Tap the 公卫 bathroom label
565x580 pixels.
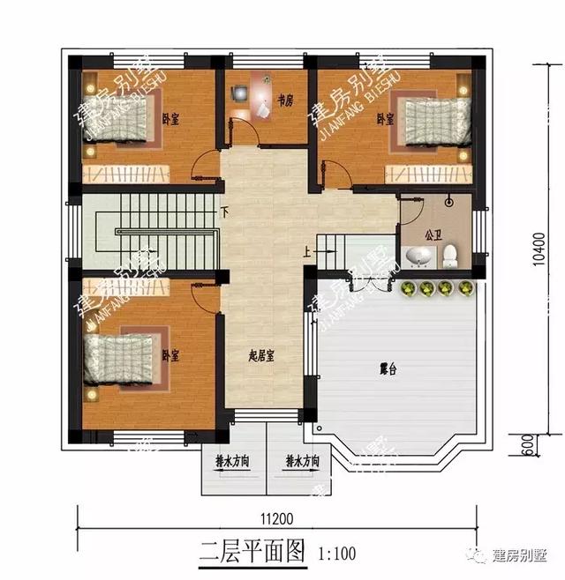click(x=433, y=235)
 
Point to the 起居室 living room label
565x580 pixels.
click(x=261, y=356)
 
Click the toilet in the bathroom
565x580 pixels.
click(x=450, y=256)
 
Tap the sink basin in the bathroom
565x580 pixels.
click(x=419, y=256)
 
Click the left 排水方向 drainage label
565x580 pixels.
click(x=231, y=461)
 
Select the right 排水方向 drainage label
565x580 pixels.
click(x=302, y=461)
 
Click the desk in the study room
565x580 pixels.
click(x=261, y=97)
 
